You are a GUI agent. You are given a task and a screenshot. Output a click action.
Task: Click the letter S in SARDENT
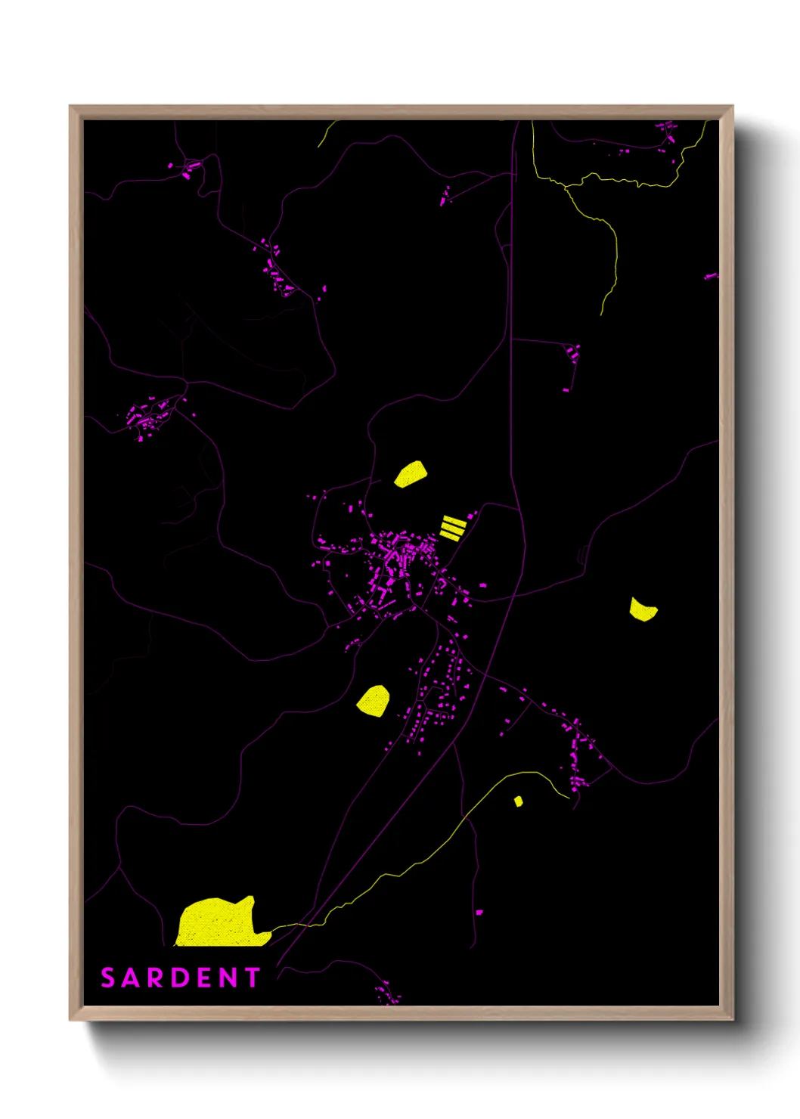[108, 978]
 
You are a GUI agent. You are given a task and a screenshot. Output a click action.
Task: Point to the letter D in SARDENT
[180, 978]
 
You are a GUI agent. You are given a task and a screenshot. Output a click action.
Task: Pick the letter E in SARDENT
[204, 978]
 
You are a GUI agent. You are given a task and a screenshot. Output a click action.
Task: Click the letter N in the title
[228, 978]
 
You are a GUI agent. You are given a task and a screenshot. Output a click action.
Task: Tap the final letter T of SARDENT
[253, 978]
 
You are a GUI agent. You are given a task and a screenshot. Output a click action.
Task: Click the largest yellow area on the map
[219, 923]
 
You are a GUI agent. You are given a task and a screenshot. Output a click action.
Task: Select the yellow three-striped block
[452, 527]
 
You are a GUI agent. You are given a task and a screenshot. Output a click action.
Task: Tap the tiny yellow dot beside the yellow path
[518, 801]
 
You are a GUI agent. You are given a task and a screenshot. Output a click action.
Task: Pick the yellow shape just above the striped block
[411, 474]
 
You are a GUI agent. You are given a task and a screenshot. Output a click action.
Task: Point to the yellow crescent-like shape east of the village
[643, 610]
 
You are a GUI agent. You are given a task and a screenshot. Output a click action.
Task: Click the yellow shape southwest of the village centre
[374, 701]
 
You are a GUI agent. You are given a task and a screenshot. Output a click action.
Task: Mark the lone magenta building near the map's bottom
[479, 913]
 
